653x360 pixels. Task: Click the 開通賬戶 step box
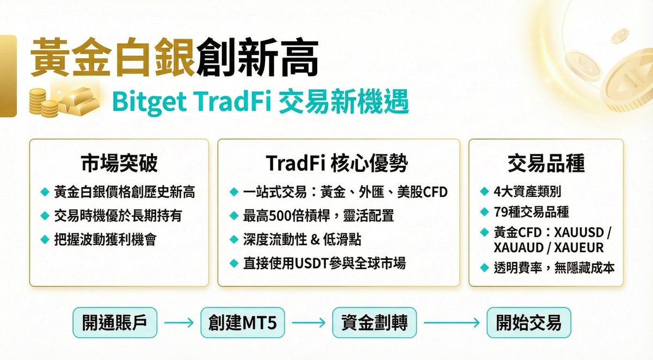tap(115, 323)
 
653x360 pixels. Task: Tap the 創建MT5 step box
tap(242, 323)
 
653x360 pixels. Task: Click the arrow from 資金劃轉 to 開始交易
tap(451, 323)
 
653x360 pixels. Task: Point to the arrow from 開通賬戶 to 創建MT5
tap(178, 323)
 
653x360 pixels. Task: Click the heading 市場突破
tap(119, 163)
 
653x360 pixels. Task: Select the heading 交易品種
tap(546, 163)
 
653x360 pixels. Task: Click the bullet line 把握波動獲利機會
tap(105, 239)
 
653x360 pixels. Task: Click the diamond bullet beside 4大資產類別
tap(484, 192)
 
